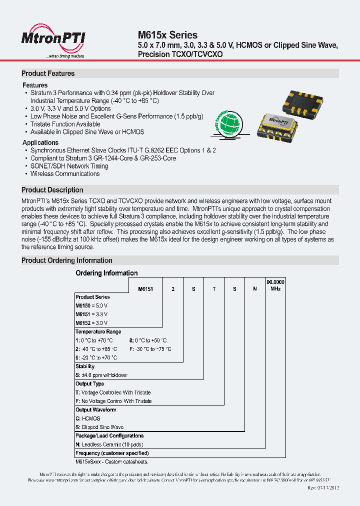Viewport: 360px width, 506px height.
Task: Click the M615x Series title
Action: click(167, 35)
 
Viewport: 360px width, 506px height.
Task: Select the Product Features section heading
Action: click(48, 73)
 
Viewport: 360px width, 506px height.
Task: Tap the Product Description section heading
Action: click(52, 190)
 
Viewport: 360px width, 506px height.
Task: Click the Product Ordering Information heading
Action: click(67, 260)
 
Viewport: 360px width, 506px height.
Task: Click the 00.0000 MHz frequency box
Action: click(275, 285)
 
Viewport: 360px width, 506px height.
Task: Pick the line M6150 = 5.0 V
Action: click(91, 305)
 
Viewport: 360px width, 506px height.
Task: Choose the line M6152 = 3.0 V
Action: click(91, 323)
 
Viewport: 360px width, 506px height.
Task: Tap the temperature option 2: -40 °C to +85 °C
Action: click(96, 349)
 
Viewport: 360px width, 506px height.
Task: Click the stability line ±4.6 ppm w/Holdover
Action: click(101, 375)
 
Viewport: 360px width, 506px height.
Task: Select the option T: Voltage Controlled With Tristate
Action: click(113, 392)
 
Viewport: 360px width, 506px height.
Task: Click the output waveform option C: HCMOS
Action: click(88, 418)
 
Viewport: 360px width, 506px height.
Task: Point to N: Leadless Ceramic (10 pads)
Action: click(108, 444)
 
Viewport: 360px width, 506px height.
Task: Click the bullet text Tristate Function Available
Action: click(65, 124)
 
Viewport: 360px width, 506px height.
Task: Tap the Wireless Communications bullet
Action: click(64, 173)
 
